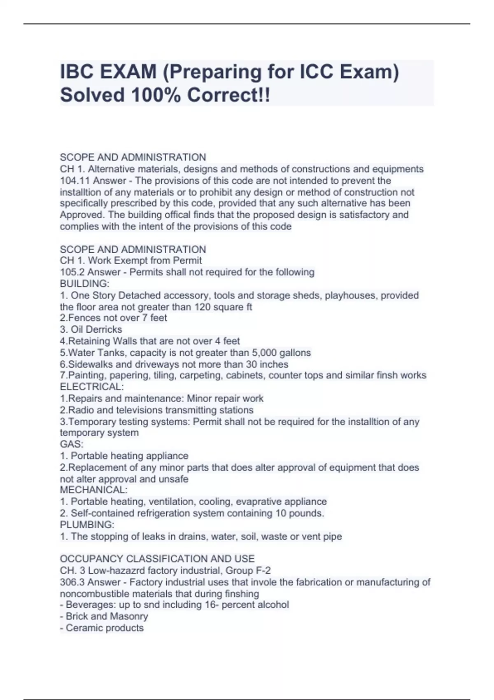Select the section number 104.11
[75, 180]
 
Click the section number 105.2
[72, 272]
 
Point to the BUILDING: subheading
[84, 284]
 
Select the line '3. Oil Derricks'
[91, 329]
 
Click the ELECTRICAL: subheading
[92, 387]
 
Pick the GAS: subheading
[72, 444]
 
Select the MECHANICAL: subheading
[94, 490]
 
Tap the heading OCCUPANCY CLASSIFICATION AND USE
[157, 559]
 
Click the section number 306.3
[72, 582]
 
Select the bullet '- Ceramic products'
[102, 628]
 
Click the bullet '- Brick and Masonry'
[104, 616]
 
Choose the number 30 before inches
[252, 364]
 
